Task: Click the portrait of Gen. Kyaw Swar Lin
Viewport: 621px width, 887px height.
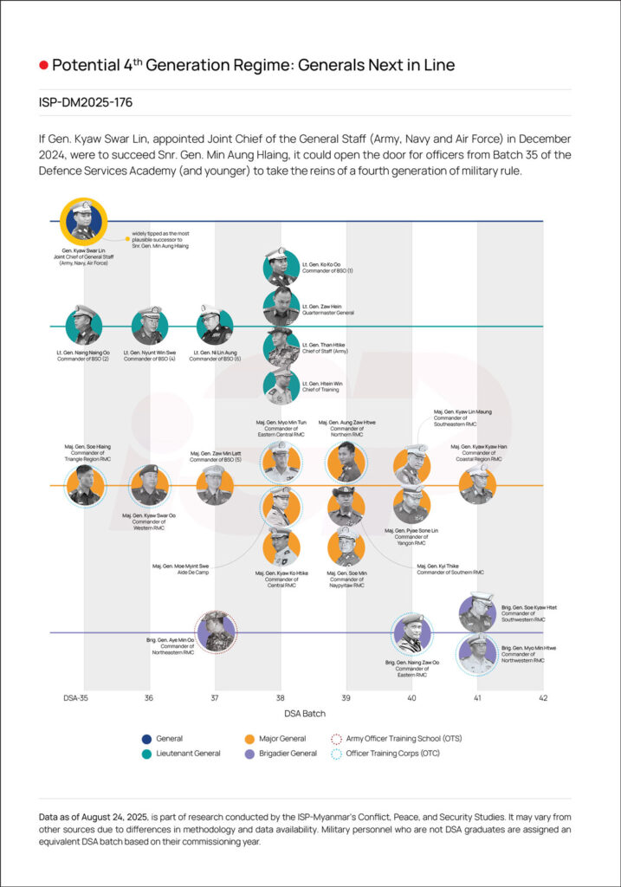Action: point(83,222)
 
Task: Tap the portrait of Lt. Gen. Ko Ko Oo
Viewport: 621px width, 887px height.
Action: point(281,267)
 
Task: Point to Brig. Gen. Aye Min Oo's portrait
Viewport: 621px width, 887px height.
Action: point(216,632)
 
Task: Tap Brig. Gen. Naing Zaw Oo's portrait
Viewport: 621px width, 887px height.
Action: point(411,632)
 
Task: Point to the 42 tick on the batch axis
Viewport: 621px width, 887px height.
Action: point(543,697)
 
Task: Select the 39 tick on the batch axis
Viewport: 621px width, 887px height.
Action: point(346,697)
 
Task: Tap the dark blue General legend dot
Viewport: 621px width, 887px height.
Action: point(146,739)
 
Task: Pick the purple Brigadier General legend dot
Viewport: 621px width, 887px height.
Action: point(249,754)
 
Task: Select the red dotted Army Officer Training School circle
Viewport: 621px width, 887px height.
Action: point(338,739)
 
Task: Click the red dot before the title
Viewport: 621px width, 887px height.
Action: point(42,66)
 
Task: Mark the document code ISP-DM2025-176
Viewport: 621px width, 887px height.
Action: point(85,102)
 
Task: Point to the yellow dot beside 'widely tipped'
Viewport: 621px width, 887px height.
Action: point(127,238)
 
